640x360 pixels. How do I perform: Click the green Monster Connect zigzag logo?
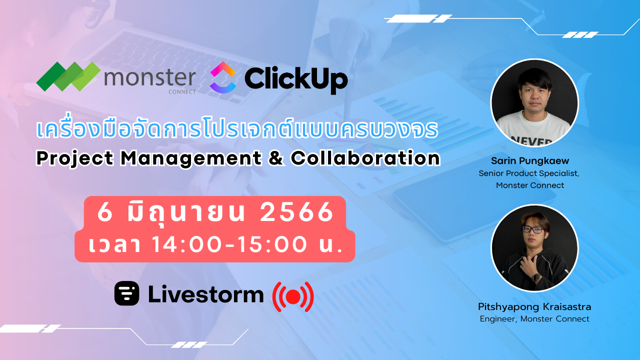pos(68,76)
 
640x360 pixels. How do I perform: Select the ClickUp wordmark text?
pos(295,79)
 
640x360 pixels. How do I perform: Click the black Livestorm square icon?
pos(126,293)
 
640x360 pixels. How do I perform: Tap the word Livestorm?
pos(205,294)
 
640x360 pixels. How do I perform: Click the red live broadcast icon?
pos(292,296)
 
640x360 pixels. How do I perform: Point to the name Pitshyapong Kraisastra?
pos(534,306)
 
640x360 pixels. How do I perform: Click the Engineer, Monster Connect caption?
pos(534,318)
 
